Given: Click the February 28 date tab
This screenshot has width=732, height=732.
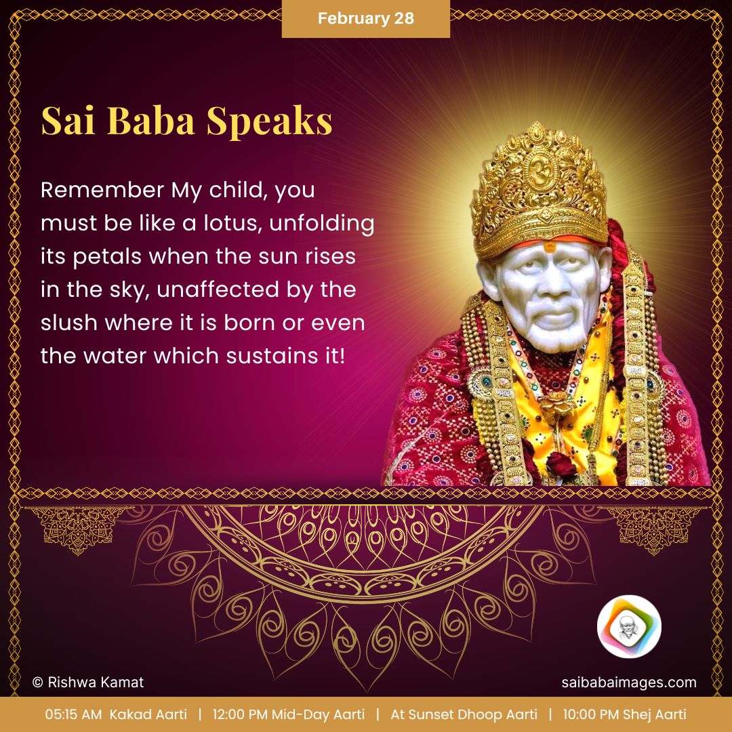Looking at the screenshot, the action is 365,19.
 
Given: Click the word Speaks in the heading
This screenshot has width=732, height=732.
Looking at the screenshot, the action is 269,121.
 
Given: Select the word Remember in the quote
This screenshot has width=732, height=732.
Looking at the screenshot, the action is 102,190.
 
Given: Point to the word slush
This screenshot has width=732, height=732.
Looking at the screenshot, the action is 68,323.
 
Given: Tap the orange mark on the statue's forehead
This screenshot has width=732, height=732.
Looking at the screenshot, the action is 550,247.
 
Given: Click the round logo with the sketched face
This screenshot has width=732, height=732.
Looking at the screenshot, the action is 629,626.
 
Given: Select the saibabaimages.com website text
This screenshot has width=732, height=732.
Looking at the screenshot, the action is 629,683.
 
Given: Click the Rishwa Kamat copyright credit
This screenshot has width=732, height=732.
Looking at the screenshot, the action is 88,683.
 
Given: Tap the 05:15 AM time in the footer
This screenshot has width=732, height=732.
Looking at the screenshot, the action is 73,714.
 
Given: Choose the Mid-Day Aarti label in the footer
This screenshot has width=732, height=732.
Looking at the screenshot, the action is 318,714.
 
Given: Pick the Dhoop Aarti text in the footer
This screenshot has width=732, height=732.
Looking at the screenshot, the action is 500,714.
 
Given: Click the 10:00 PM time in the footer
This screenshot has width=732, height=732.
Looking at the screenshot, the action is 591,714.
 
